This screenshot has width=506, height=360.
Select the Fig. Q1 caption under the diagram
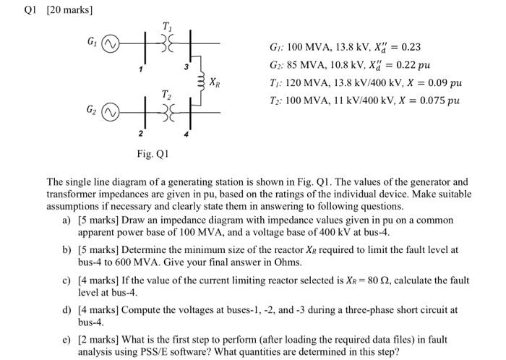[x=152, y=153]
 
